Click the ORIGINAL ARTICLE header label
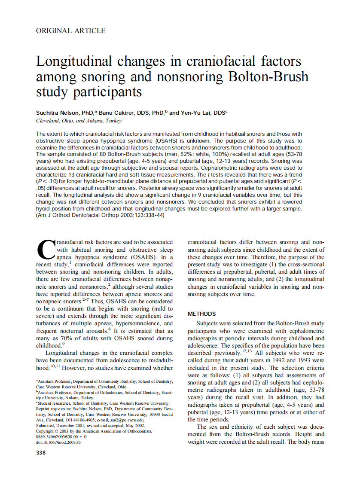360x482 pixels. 70,31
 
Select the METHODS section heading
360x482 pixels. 202,314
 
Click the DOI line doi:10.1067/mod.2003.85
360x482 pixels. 58,442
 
